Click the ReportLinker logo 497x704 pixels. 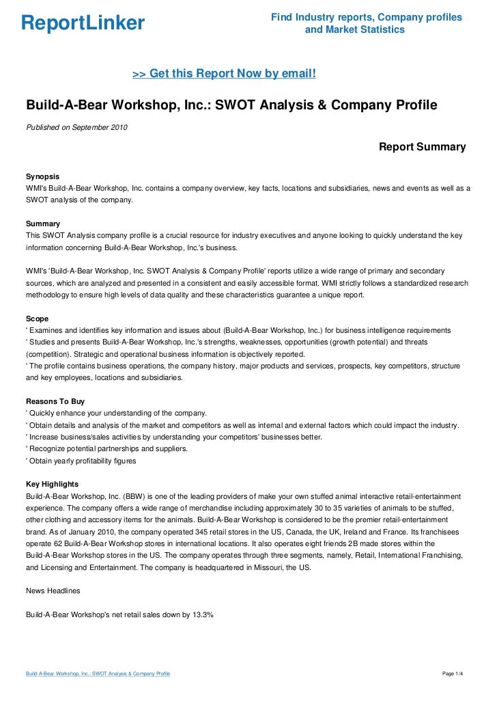pos(83,23)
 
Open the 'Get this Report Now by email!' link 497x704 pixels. pos(224,73)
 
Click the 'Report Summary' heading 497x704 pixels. pos(422,147)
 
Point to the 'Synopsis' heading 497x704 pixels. pos(42,176)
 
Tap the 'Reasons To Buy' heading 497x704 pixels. pos(55,401)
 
